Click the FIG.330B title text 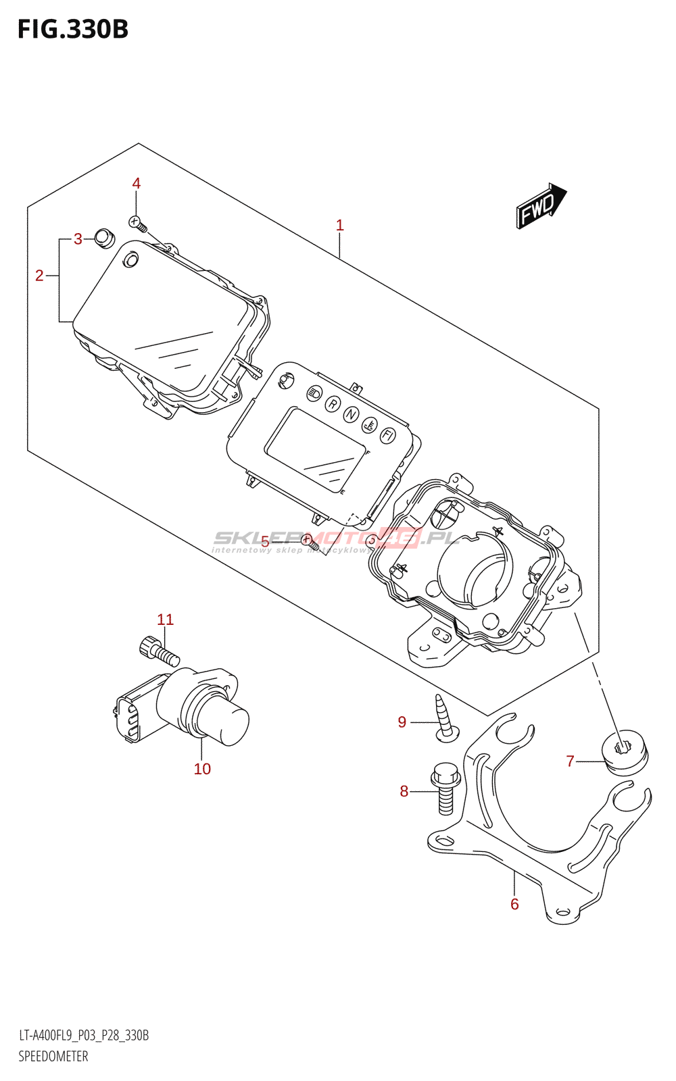(x=73, y=30)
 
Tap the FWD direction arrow (x=541, y=205)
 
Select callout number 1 (x=340, y=225)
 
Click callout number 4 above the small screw (x=137, y=184)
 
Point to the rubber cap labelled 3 (x=104, y=238)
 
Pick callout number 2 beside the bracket (x=39, y=276)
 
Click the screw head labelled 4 (x=137, y=222)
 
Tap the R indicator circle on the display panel (x=333, y=404)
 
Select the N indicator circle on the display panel (x=350, y=414)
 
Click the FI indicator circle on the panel (x=387, y=435)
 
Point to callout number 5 (x=265, y=541)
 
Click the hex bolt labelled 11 (x=157, y=651)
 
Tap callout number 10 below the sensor (x=202, y=769)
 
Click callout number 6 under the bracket (x=514, y=905)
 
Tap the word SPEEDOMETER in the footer (x=53, y=1057)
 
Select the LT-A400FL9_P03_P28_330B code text (x=84, y=1036)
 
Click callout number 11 (x=166, y=620)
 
